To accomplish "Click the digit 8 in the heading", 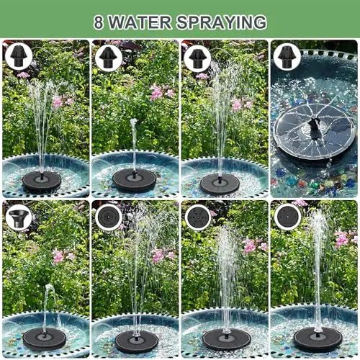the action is coord(99,22).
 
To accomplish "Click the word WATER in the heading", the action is coord(140,22).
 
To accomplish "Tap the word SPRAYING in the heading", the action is coord(222,22).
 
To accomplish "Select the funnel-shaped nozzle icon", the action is coord(19,218).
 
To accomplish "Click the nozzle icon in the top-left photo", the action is coord(19,57).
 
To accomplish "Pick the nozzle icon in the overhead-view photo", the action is coord(287,57).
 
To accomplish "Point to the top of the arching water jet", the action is coord(49,286).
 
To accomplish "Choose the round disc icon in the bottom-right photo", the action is coord(287,217).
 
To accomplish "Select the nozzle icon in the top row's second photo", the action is coord(109,57).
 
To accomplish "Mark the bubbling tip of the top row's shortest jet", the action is coord(133,121).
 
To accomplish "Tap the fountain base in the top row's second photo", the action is coord(135,179).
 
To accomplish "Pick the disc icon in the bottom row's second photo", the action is coord(109,217).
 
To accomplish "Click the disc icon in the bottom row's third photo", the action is coord(198,217).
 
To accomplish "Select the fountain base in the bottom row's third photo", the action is coord(226,339).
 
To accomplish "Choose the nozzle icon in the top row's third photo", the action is coord(198,58).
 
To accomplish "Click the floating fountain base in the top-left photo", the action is coord(42,181).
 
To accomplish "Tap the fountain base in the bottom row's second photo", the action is coord(137,341).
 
